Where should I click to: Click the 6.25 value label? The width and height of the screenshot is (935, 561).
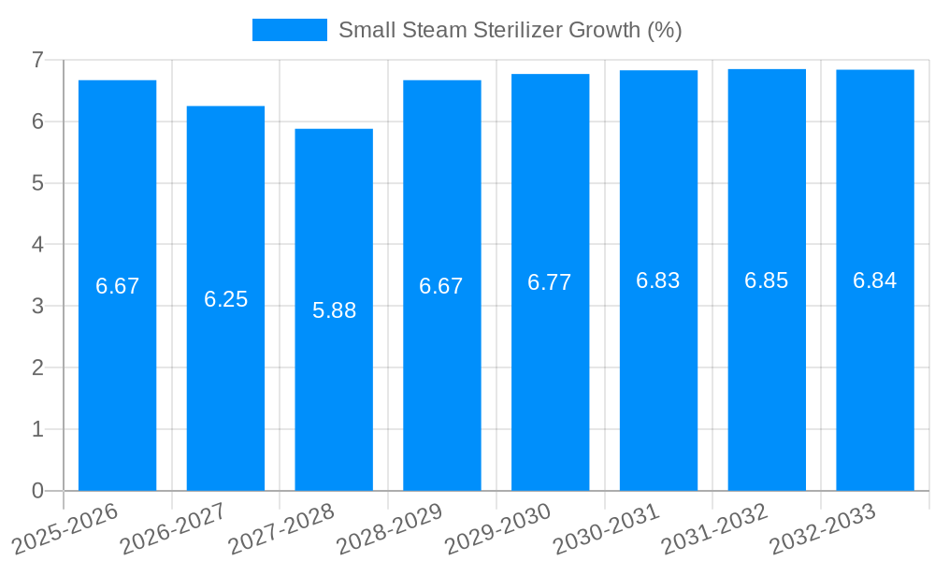[x=225, y=299]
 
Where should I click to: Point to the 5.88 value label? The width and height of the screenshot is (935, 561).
[x=334, y=310]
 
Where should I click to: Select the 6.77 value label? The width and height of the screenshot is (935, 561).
[x=550, y=282]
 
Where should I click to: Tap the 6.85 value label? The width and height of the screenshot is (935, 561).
[x=766, y=280]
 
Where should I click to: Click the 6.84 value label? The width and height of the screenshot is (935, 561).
[x=874, y=280]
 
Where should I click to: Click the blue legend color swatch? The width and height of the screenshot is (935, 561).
[x=289, y=30]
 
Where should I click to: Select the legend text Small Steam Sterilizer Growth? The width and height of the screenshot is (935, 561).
[x=510, y=30]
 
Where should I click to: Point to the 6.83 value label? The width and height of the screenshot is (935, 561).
[x=658, y=280]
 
